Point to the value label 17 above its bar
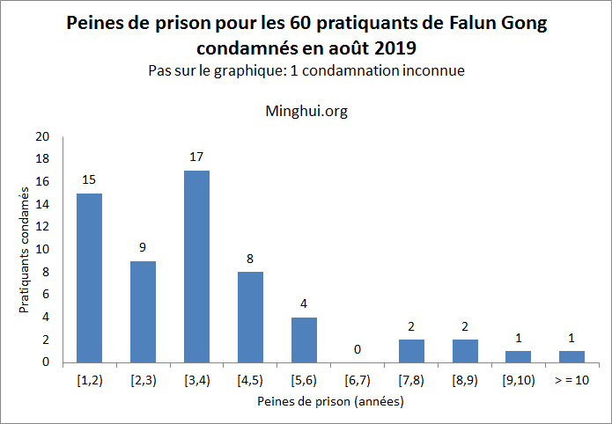pos(196,157)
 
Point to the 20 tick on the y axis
pos(43,136)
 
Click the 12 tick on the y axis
pos(43,227)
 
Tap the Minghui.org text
pos(306,112)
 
